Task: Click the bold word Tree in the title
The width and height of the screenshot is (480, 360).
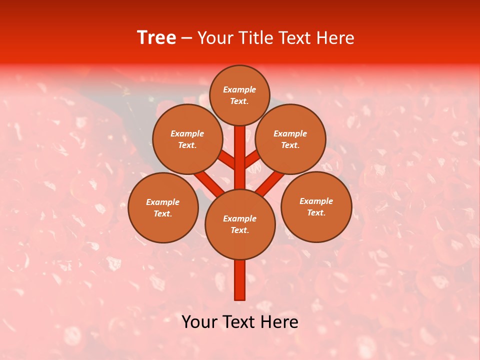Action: (x=156, y=38)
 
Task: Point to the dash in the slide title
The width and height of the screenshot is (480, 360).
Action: (x=186, y=38)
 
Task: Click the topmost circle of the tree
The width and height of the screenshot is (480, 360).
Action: (x=239, y=95)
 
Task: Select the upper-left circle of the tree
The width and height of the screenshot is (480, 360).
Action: (x=187, y=139)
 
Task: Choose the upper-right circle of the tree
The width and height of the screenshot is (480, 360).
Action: (x=290, y=139)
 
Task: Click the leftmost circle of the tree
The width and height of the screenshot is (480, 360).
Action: (x=163, y=207)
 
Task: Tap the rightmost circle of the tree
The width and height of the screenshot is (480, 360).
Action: (x=316, y=206)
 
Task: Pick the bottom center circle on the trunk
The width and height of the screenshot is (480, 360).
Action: (x=239, y=224)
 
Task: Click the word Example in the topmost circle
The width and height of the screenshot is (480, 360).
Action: (x=239, y=89)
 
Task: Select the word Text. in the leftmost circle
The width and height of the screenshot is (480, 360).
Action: (x=163, y=213)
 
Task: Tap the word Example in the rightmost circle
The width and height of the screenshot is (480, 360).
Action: (x=316, y=201)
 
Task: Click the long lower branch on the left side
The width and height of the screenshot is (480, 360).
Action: (x=208, y=181)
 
